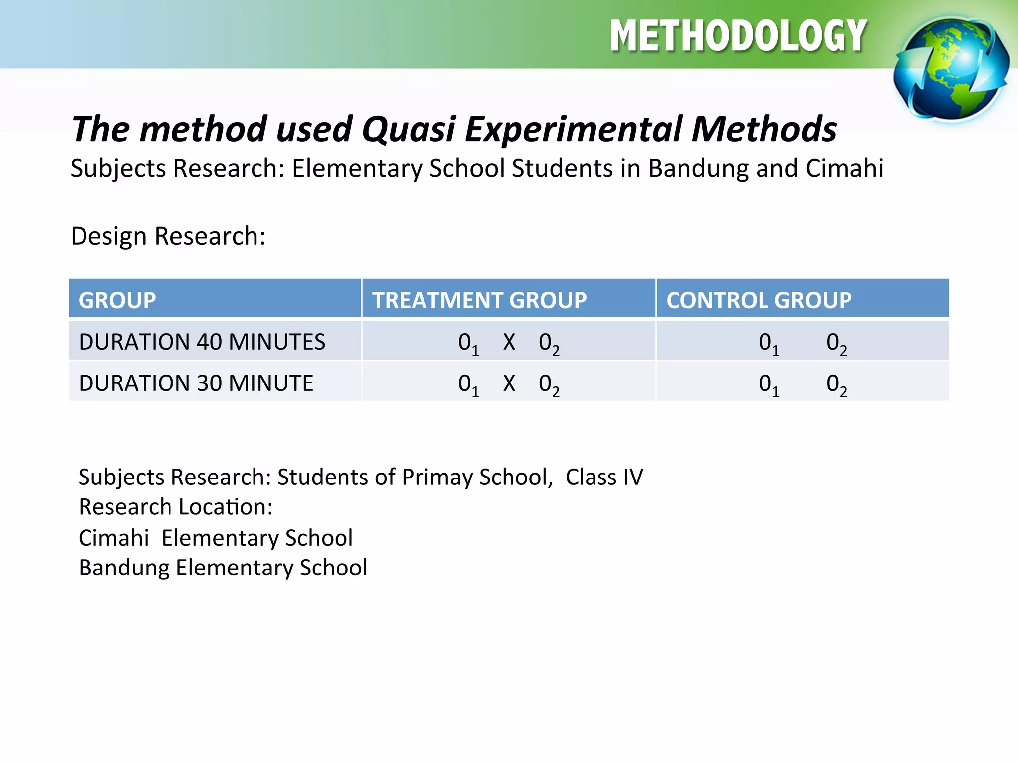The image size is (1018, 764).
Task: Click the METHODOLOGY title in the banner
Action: [739, 36]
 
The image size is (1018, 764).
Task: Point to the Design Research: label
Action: [168, 236]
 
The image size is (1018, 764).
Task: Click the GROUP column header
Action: [117, 300]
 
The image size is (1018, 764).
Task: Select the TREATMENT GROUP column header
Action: [480, 300]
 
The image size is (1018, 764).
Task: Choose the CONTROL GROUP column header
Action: [759, 300]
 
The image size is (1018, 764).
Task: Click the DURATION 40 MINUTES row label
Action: [202, 342]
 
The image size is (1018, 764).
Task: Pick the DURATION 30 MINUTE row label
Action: [196, 383]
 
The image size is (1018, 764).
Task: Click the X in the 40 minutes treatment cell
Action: [509, 342]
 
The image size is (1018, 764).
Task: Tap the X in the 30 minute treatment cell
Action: [509, 383]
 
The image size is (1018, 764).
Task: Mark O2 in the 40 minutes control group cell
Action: [836, 344]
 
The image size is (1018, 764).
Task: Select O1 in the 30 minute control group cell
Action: [768, 385]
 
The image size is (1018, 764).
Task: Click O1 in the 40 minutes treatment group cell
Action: [468, 344]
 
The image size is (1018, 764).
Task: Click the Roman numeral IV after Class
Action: [632, 477]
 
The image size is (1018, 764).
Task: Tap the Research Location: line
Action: [175, 507]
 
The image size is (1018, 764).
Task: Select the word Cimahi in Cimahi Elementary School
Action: [114, 538]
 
